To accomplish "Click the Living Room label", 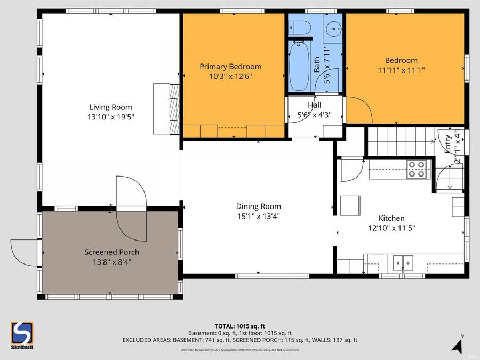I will [x=110, y=107].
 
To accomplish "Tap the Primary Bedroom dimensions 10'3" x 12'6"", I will [x=230, y=76].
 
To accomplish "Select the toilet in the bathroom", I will [x=301, y=27].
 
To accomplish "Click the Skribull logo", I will [x=22, y=335].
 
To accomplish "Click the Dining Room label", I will [x=258, y=206].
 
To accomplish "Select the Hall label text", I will [x=314, y=105].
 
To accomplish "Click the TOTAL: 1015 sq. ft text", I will [x=239, y=325].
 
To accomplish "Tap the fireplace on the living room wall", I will [x=167, y=109].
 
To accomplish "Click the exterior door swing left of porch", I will [x=24, y=252].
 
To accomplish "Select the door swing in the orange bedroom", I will [x=358, y=109].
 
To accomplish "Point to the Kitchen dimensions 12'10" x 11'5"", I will [x=391, y=228].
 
